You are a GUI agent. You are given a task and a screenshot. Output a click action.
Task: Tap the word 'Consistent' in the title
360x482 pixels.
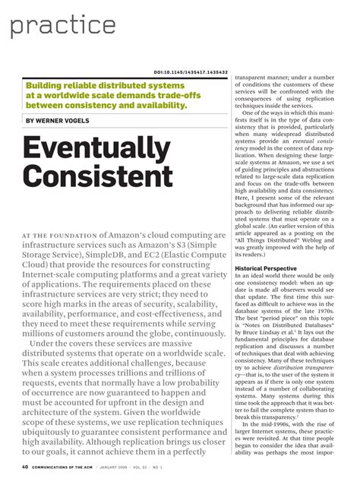point(99,176)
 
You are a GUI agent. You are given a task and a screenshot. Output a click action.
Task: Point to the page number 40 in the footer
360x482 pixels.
point(25,467)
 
